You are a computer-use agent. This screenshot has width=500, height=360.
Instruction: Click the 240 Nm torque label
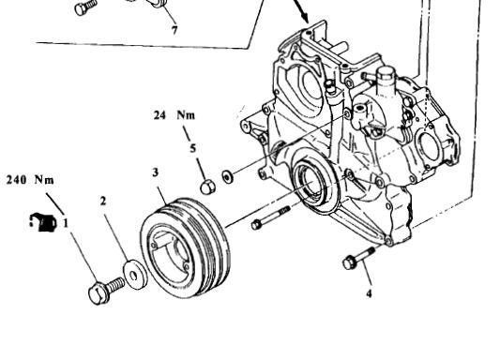click(30, 180)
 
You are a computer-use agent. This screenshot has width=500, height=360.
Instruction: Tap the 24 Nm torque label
click(174, 115)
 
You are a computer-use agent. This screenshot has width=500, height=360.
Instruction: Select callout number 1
click(66, 223)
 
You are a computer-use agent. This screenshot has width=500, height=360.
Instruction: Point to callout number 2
click(102, 201)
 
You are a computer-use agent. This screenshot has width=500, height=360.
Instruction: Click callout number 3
click(156, 172)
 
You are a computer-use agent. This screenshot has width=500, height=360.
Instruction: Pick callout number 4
click(369, 293)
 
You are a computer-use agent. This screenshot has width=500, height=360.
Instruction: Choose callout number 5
click(193, 148)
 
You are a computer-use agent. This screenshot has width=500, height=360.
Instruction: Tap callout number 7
click(174, 30)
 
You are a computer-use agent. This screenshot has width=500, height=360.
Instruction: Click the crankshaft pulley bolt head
click(98, 292)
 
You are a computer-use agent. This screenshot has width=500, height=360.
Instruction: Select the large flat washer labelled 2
click(135, 275)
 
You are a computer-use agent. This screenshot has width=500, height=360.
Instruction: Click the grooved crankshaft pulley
click(185, 247)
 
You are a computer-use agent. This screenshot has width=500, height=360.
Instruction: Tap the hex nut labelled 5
click(207, 187)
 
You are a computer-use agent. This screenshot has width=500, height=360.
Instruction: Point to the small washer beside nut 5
click(227, 176)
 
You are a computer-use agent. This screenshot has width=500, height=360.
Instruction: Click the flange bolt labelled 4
click(358, 258)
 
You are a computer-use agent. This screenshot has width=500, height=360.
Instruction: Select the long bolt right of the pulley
click(271, 217)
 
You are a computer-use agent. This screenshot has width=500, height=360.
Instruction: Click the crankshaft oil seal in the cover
click(311, 183)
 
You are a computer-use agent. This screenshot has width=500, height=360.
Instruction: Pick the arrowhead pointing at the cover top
click(305, 17)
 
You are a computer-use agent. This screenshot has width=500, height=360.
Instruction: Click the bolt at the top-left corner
click(85, 7)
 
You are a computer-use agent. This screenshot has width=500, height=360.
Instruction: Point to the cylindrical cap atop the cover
click(386, 82)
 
